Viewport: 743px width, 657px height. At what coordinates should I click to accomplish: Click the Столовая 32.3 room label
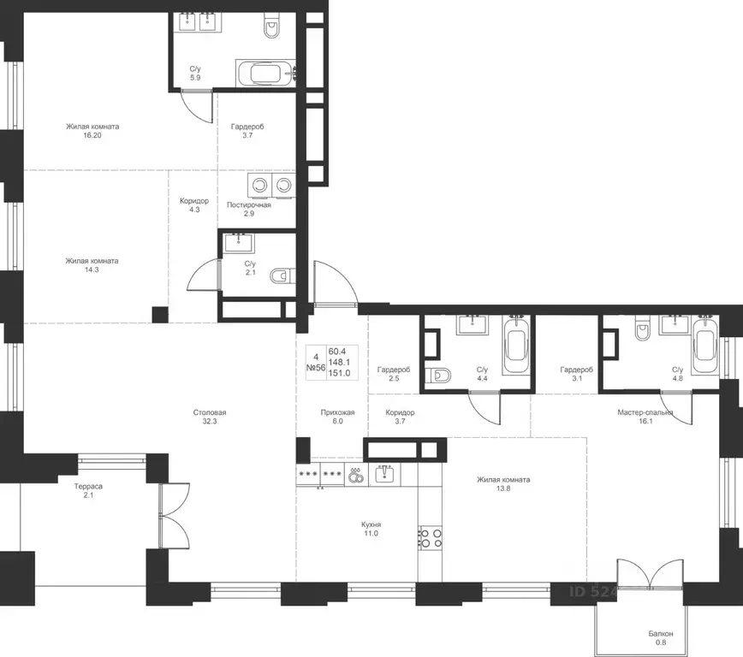[210, 417]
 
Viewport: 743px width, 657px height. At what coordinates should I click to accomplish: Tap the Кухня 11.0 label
[371, 529]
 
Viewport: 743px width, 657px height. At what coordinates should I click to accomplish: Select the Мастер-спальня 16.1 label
[645, 417]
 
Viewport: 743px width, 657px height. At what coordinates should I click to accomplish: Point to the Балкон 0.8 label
[661, 638]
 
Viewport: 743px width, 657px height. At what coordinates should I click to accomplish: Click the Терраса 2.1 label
[88, 491]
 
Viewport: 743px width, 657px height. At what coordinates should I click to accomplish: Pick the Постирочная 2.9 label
[249, 210]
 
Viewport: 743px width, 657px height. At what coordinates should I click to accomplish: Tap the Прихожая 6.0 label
[337, 417]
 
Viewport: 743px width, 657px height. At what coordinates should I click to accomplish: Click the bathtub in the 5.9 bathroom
[265, 74]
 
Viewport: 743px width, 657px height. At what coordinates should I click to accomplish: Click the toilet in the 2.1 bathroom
[282, 275]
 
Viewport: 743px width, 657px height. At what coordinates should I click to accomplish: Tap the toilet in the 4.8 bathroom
[643, 331]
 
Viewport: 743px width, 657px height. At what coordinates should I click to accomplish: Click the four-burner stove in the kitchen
[431, 537]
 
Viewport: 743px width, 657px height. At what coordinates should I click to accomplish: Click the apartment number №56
[316, 367]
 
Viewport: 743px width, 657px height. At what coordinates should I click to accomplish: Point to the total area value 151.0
[339, 373]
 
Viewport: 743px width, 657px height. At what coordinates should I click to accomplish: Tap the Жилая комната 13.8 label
[503, 484]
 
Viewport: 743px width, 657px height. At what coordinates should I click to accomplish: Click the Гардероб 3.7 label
[247, 131]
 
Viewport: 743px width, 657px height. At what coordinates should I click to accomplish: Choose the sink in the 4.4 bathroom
[472, 325]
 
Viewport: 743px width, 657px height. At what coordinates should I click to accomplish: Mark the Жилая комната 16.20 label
[92, 131]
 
